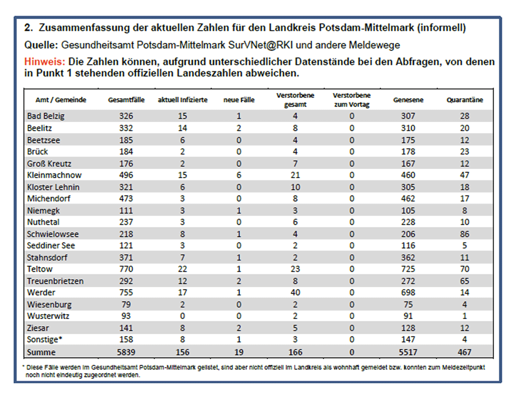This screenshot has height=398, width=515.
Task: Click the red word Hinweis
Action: click(x=45, y=62)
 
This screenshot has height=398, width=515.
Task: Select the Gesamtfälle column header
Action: click(x=126, y=100)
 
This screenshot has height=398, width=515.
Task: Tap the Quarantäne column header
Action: click(x=465, y=100)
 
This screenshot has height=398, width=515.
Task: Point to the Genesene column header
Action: click(x=408, y=100)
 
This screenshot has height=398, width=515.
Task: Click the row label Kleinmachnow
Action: click(x=54, y=175)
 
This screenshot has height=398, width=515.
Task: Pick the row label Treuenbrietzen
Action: click(x=55, y=281)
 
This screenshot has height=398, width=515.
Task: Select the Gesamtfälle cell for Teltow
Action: click(x=126, y=269)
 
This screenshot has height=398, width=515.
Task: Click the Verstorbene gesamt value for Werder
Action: click(x=295, y=292)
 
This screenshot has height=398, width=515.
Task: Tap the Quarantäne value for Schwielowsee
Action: click(x=465, y=234)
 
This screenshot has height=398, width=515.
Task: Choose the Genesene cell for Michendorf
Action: click(x=408, y=198)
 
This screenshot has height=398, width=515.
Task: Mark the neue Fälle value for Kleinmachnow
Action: click(x=239, y=175)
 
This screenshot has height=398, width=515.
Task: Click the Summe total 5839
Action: click(x=126, y=352)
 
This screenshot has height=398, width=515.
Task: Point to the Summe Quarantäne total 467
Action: click(x=465, y=352)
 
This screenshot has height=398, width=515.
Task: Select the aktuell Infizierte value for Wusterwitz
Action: click(x=182, y=316)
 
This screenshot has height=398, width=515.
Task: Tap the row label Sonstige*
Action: click(x=45, y=340)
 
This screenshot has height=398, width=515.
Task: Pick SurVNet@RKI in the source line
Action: click(x=260, y=45)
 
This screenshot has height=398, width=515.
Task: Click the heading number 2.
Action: click(x=28, y=28)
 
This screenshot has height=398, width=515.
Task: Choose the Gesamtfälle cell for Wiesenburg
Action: click(x=126, y=304)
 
